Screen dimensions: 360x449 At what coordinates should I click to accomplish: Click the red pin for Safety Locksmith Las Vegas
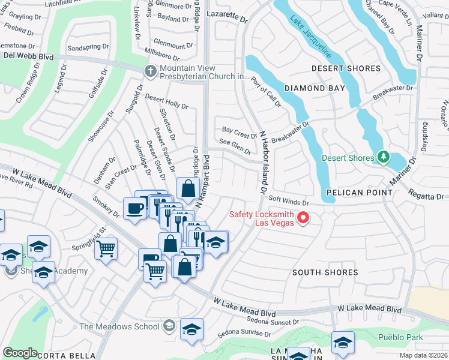[x=304, y=218]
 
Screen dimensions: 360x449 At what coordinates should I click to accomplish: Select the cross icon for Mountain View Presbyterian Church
[x=151, y=72]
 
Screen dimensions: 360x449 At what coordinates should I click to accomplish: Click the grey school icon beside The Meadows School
[x=170, y=326]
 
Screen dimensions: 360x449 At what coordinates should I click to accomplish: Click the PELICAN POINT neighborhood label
[x=359, y=193]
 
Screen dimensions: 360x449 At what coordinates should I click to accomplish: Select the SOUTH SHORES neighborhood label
[x=325, y=272]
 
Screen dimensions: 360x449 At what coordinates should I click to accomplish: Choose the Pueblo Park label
[x=400, y=337]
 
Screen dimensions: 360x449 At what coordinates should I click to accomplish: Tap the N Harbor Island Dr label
[x=263, y=163]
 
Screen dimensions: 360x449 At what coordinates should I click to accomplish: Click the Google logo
[x=20, y=353]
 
